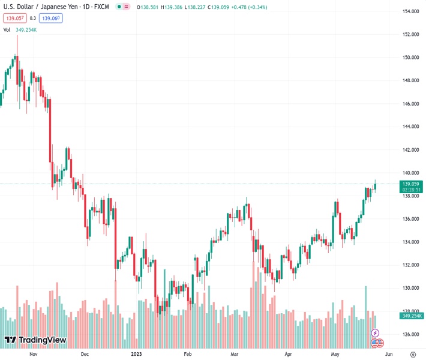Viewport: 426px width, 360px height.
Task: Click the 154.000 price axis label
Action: tap(410, 11)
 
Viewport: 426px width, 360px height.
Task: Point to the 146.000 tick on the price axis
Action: tap(410, 104)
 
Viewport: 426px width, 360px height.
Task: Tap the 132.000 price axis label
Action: tap(410, 265)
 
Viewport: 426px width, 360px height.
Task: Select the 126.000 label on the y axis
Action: tap(410, 334)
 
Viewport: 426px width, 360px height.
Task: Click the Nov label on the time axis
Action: tap(34, 354)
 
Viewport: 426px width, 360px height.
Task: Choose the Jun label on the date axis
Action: tap(389, 354)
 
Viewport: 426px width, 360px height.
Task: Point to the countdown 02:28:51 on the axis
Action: tap(411, 190)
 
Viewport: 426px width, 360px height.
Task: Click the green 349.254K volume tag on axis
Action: tap(412, 316)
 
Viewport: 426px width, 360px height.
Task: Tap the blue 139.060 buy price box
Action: tap(51, 18)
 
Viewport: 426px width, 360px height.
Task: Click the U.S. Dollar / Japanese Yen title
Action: tap(41, 7)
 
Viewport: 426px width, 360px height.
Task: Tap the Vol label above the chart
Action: tap(7, 29)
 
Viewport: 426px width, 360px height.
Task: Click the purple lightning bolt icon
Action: tap(376, 332)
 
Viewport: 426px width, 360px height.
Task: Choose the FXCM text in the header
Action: tap(98, 7)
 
